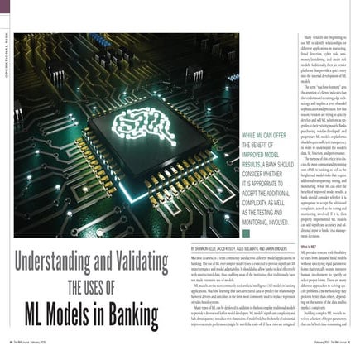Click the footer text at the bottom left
[x=33, y=356]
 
